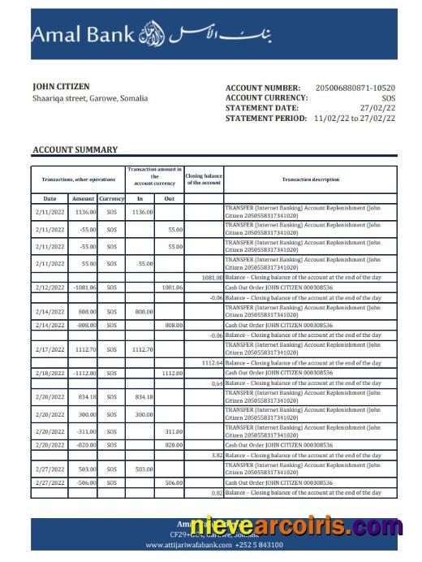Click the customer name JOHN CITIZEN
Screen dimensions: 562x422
[x=61, y=86]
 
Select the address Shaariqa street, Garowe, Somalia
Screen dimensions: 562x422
[x=90, y=98]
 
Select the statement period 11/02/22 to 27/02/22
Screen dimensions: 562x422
[x=355, y=118]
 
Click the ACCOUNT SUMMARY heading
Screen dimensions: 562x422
[x=75, y=149]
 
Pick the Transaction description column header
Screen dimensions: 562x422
[x=311, y=179]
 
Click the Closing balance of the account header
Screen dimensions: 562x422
[x=203, y=179]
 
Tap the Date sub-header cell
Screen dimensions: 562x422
[x=50, y=198]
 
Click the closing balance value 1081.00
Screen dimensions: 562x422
[x=209, y=277]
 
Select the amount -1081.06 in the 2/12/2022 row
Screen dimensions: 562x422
[x=84, y=287]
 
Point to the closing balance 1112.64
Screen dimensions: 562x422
[x=210, y=363]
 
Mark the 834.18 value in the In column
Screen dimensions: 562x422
[x=144, y=396]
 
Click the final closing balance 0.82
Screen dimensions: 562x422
[x=216, y=493]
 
